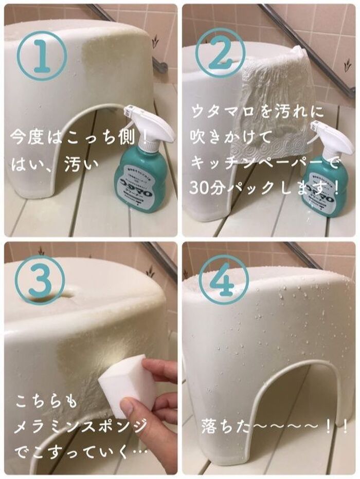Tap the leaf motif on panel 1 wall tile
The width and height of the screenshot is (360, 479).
click(155, 41)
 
